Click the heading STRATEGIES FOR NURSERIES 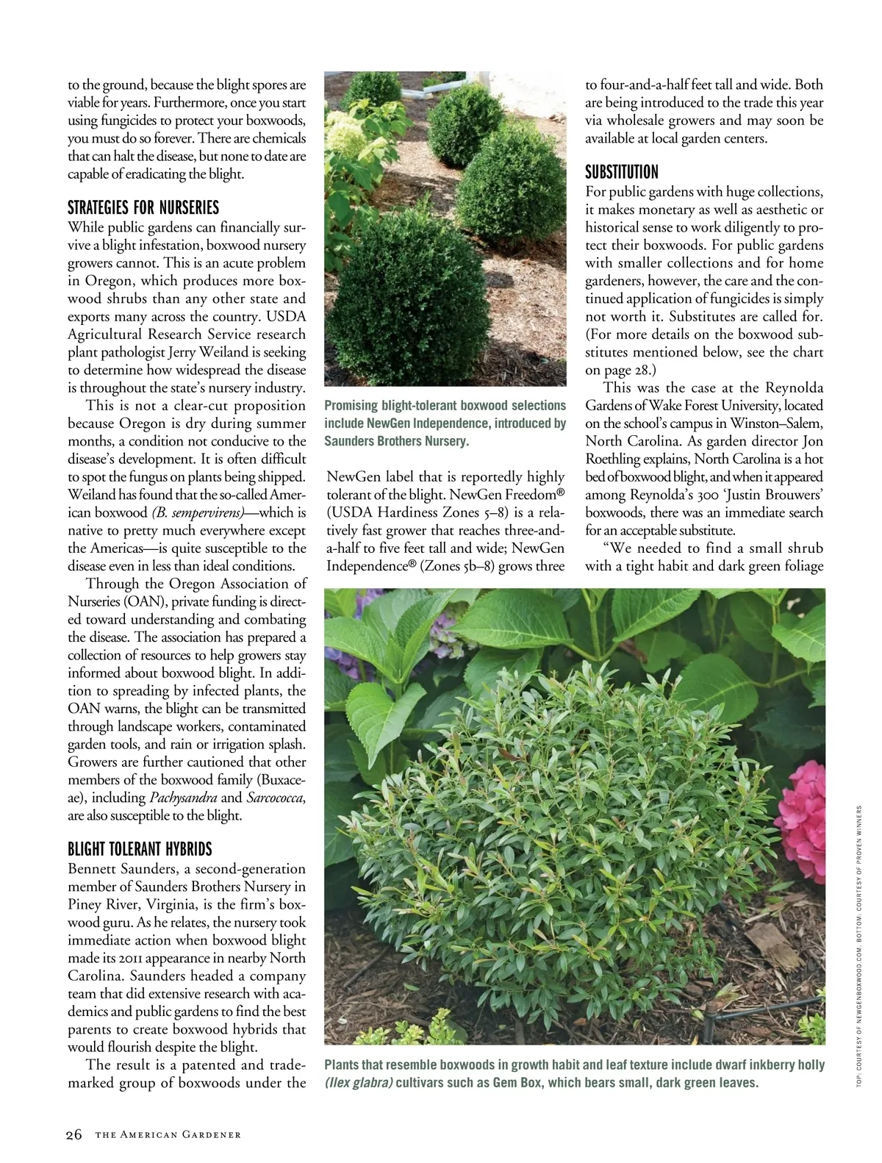[x=143, y=207]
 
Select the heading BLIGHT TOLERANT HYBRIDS [x=140, y=849]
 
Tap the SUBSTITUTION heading [x=622, y=172]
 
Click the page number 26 [x=74, y=1134]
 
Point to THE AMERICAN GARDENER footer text [x=168, y=1135]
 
